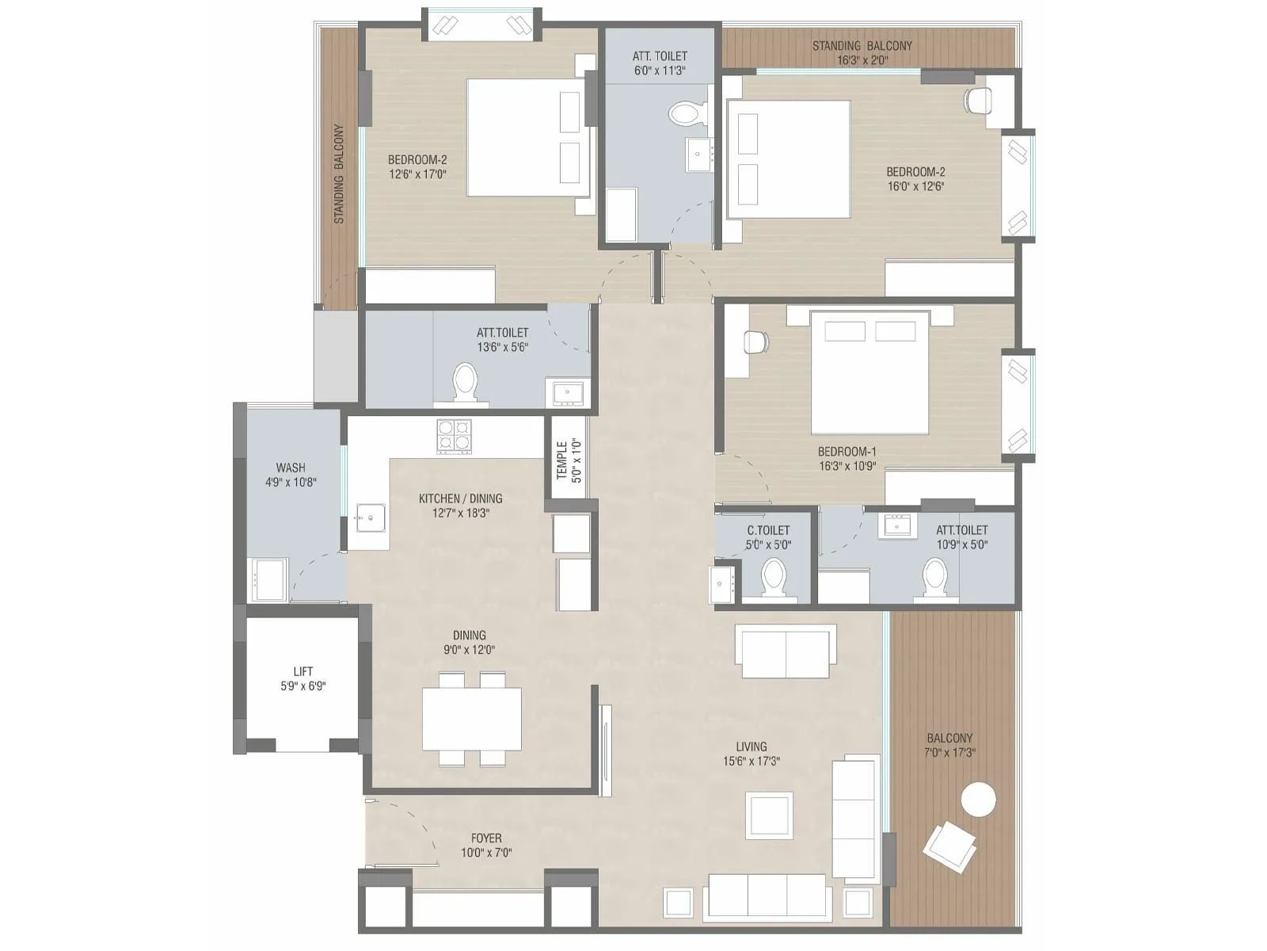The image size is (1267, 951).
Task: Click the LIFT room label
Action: tap(302, 671)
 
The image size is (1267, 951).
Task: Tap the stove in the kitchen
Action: tap(454, 437)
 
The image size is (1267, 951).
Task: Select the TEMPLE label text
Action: tap(562, 460)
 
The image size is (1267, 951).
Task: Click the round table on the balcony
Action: tap(978, 799)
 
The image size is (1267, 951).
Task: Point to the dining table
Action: tap(472, 719)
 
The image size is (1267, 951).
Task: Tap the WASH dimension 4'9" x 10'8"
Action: tap(291, 482)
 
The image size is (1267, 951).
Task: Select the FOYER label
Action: tap(486, 838)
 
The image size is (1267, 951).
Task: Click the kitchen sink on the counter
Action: tap(370, 519)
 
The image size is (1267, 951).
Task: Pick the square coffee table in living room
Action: tap(770, 815)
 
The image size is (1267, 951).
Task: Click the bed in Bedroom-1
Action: tap(869, 372)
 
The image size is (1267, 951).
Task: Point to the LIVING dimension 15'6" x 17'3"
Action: tap(751, 761)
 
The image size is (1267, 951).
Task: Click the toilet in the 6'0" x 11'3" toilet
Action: tap(687, 113)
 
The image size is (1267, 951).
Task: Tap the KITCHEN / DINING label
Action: tap(460, 498)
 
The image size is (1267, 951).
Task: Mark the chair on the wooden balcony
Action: tap(949, 846)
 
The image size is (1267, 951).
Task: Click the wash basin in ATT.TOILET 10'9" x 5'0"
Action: tap(900, 525)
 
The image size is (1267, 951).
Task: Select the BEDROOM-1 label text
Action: tap(847, 452)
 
